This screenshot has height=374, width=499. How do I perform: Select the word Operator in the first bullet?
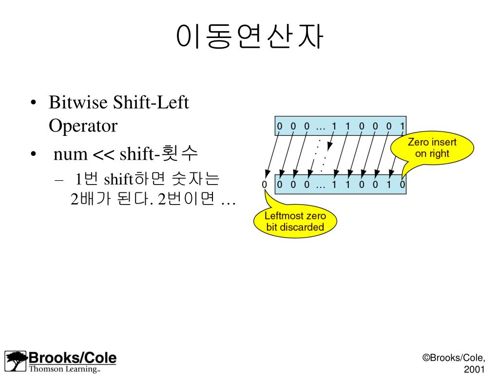pyautogui.click(x=83, y=126)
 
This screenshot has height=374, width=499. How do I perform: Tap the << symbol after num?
pyautogui.click(x=103, y=155)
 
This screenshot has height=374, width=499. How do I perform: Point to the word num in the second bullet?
pyautogui.click(x=70, y=155)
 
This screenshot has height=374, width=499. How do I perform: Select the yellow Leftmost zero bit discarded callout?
pyautogui.click(x=295, y=221)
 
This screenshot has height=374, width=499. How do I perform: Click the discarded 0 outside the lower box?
pyautogui.click(x=265, y=185)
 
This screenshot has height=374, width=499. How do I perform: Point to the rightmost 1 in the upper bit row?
pyautogui.click(x=402, y=126)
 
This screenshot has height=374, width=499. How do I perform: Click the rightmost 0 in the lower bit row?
pyautogui.click(x=402, y=185)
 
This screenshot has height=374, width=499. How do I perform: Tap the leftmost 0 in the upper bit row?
pyautogui.click(x=280, y=126)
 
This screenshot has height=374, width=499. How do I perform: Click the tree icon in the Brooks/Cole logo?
pyautogui.click(x=17, y=361)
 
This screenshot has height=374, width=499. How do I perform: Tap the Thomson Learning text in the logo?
pyautogui.click(x=64, y=369)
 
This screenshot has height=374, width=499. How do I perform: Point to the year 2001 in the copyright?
pyautogui.click(x=475, y=370)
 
